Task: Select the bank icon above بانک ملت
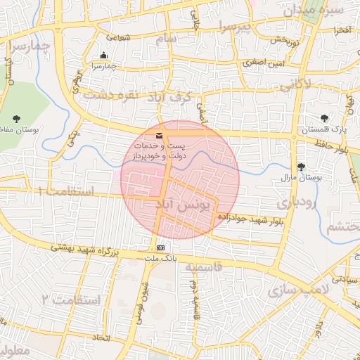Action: coord(161,247)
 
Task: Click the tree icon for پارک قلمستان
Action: coord(324,119)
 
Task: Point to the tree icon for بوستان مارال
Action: coord(301,167)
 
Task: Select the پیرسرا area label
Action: coord(233,27)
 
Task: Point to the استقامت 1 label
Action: coord(67,191)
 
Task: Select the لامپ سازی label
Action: coord(304,290)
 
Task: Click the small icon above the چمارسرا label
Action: coord(104,56)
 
